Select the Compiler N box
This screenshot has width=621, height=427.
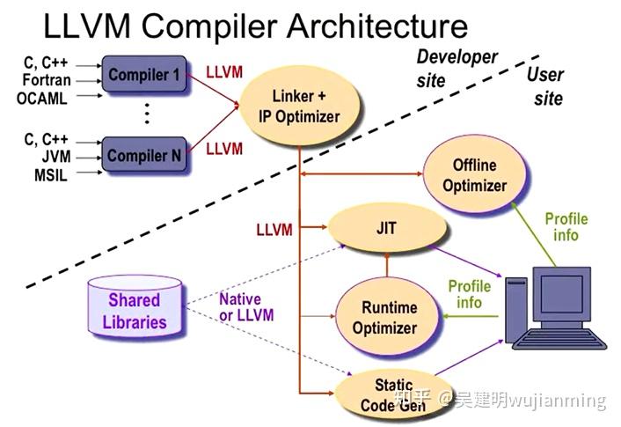point(143,156)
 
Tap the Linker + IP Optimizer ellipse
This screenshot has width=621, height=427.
point(299,107)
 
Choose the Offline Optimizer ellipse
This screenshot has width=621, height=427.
point(474,175)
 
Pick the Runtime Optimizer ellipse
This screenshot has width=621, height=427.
point(384,318)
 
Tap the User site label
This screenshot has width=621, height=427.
point(546,85)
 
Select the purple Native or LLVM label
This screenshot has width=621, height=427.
point(246,307)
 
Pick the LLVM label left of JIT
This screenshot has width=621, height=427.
point(274,231)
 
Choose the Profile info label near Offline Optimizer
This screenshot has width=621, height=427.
point(566,227)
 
